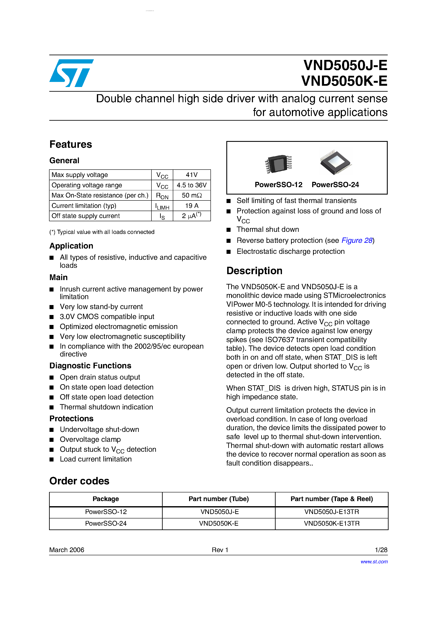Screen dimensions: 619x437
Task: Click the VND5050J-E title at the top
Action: point(345,65)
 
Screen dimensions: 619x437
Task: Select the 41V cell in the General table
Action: point(192,175)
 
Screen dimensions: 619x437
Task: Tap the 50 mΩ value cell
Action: point(192,195)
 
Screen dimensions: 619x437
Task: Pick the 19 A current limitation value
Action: point(192,206)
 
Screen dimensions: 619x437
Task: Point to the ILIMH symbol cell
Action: point(162,206)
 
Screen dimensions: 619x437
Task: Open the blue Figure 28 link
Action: point(357,240)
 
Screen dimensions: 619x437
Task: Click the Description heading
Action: point(254,271)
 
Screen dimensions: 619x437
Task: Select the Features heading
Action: point(71,144)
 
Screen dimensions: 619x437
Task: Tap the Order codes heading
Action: point(79,481)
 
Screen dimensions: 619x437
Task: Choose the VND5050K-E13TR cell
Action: point(332,523)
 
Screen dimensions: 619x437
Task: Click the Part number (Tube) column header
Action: point(218,499)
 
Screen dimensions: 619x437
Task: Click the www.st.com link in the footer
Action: point(374,562)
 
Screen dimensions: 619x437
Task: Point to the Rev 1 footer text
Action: point(220,550)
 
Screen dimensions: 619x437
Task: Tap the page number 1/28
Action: point(381,550)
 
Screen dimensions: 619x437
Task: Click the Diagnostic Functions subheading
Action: point(90,366)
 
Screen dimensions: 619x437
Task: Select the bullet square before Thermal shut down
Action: point(229,230)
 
